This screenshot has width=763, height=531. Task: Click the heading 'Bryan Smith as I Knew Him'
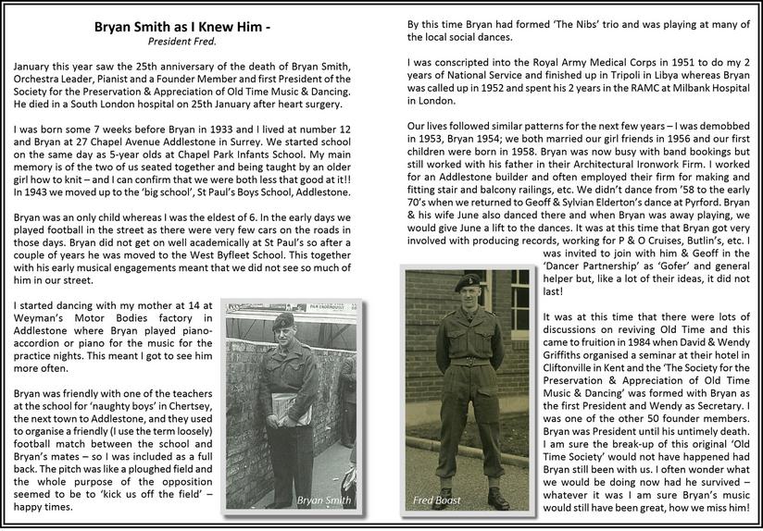(182, 27)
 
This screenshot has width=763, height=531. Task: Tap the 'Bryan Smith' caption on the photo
(325, 500)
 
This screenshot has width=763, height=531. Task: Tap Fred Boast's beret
(469, 280)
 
